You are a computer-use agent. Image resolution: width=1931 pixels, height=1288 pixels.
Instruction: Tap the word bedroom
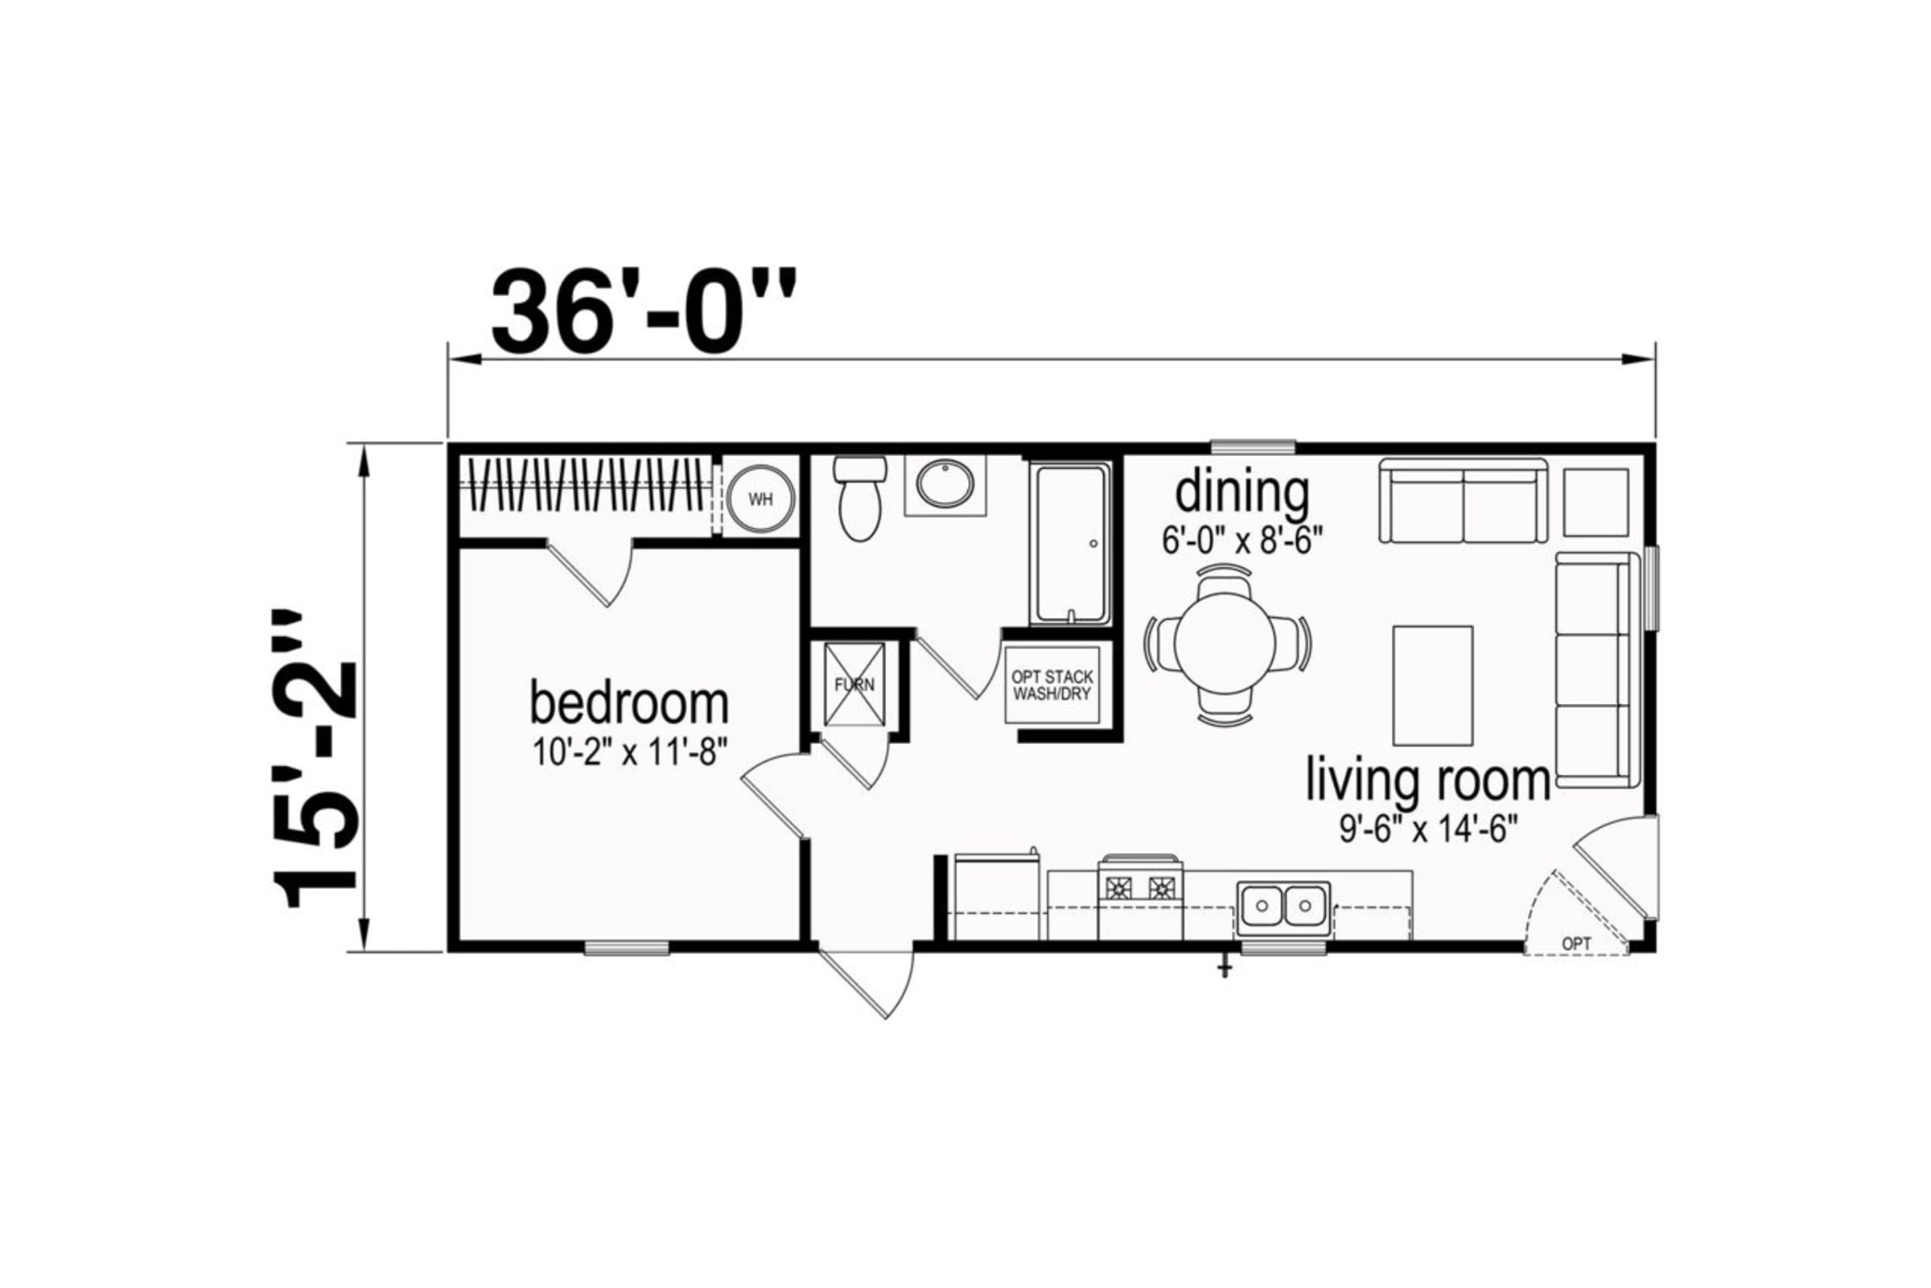[629, 704]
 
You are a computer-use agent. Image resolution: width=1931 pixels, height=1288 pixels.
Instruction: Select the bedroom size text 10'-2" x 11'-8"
[630, 751]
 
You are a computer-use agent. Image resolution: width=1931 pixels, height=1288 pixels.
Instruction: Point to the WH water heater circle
[761, 500]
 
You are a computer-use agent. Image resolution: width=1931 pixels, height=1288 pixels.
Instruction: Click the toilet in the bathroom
[860, 499]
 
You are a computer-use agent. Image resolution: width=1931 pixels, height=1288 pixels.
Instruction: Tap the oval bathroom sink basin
[945, 483]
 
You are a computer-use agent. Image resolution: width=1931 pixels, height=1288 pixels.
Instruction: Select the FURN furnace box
[855, 685]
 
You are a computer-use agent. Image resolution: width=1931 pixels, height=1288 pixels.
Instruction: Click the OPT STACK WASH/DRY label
[1052, 685]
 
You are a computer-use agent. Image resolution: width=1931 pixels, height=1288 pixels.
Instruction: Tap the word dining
[1242, 494]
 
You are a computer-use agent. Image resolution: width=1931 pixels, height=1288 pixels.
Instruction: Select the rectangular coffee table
[1432, 686]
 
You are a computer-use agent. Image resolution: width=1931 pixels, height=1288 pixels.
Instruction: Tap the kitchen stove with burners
[1141, 898]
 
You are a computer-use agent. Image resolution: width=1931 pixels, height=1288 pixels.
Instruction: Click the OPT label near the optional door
[1576, 944]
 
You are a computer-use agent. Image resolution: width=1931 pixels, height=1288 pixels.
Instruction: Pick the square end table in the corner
[1595, 503]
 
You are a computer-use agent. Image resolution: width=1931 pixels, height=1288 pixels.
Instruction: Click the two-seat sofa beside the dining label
[1463, 500]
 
